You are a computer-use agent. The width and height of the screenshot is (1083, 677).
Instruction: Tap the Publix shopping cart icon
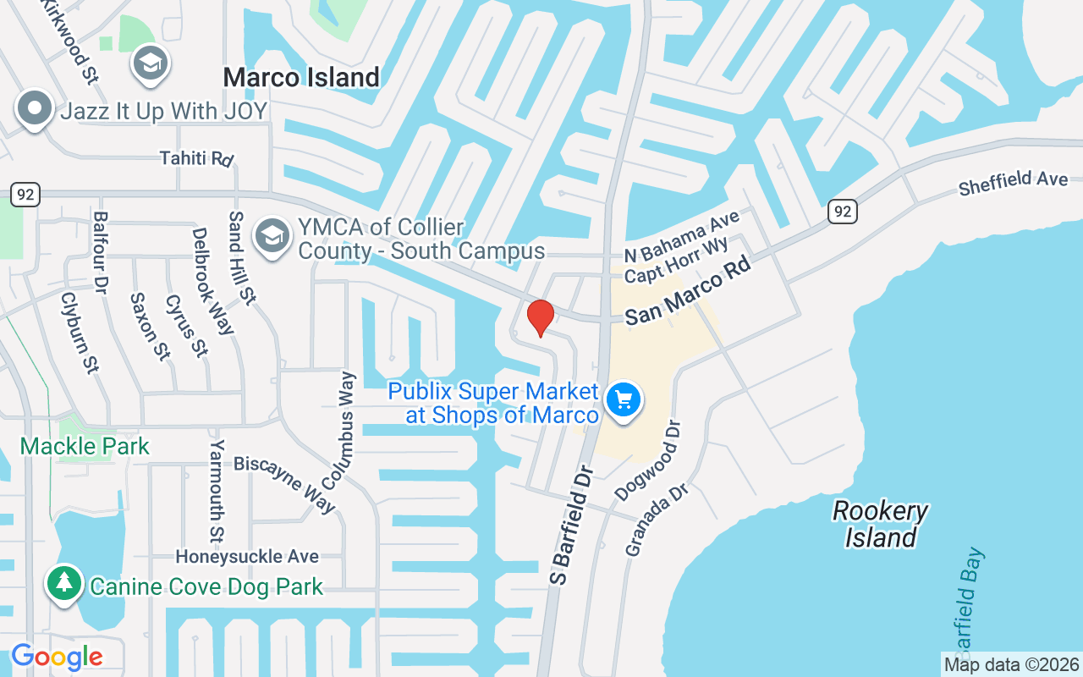point(624,399)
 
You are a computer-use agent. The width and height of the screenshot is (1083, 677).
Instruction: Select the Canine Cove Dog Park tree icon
point(63,583)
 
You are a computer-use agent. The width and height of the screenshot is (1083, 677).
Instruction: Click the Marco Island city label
point(301,78)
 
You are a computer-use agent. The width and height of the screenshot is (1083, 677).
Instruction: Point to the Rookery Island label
point(881,524)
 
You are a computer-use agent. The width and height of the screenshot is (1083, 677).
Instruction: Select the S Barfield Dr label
point(574,523)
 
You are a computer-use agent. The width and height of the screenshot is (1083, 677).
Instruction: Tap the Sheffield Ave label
point(1013,182)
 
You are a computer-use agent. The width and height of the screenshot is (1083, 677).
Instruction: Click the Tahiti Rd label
point(196,158)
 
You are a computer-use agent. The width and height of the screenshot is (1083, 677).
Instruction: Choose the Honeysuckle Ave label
point(247,557)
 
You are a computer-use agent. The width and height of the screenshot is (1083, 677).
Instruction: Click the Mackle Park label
point(85,446)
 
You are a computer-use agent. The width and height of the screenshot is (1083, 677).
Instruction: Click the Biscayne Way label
point(285,483)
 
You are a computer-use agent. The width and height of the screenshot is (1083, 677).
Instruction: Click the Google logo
point(57,657)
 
